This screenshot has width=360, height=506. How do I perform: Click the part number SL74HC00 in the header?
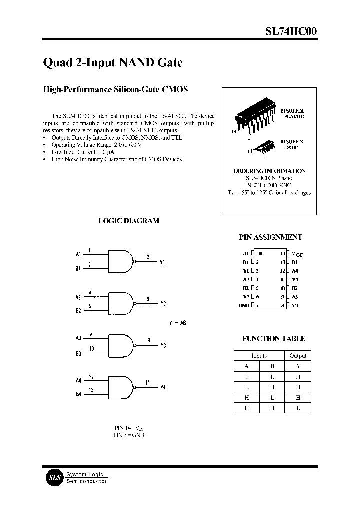290,31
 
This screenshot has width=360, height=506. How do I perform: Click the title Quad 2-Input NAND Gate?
113,63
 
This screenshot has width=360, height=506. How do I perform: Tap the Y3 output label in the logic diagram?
163,345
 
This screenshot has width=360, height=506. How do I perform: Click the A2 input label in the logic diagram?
78,297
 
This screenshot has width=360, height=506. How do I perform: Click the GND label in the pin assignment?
244,305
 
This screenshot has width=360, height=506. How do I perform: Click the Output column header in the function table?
298,356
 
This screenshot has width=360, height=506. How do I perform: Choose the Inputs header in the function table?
259,356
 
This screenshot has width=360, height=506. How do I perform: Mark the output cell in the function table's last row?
298,408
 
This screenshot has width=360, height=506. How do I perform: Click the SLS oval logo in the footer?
54,478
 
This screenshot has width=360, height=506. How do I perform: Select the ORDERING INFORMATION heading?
269,171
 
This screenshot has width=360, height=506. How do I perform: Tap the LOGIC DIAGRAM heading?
129,221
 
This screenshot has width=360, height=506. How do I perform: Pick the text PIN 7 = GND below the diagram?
129,435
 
